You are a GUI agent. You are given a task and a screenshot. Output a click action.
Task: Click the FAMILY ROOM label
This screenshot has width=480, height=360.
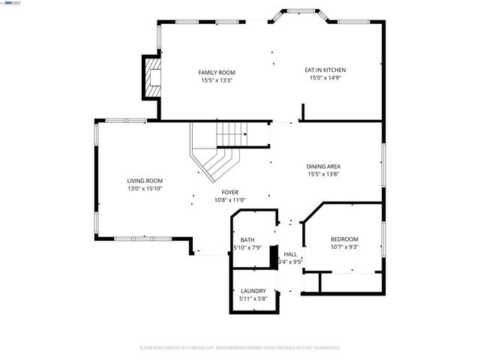[x=217, y=72]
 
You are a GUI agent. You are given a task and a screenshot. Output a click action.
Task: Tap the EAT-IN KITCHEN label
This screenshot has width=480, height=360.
[x=325, y=70]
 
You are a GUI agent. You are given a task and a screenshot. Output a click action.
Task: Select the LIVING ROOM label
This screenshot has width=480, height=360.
[x=144, y=181]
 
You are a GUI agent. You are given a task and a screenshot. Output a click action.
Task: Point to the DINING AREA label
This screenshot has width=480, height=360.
[x=324, y=166]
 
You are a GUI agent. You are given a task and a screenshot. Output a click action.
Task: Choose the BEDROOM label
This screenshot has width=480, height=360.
[x=344, y=238]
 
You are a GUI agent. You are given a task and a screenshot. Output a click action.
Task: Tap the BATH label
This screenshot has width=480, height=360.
[x=247, y=239]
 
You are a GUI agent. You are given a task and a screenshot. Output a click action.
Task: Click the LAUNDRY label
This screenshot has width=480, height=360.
[x=253, y=290]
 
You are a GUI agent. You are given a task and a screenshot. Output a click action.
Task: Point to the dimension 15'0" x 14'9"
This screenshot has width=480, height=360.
[x=325, y=77]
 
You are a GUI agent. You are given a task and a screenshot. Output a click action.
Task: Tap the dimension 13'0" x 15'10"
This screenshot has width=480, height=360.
[x=144, y=188]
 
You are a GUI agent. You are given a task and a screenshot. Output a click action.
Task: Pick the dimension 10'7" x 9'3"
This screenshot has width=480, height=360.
[x=344, y=246]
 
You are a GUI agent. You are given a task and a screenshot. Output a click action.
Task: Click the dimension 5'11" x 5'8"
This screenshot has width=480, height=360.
[x=253, y=298]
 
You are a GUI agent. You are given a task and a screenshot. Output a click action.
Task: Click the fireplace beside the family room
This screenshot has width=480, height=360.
[x=152, y=78]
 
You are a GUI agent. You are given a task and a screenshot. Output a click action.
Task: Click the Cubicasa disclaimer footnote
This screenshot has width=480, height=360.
[x=240, y=347]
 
